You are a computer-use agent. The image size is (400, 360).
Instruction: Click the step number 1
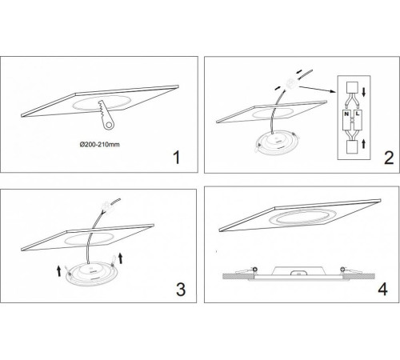pos(177,158)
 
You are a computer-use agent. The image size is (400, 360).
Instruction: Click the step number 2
pos(389,158)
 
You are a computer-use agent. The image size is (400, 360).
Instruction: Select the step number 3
pos(181,290)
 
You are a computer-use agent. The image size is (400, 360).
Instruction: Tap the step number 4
pos(382,289)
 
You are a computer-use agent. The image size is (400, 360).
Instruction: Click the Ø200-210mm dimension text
pos(100,145)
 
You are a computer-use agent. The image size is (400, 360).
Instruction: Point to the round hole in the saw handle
pos(109,125)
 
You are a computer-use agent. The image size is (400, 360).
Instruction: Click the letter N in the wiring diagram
pos(346,114)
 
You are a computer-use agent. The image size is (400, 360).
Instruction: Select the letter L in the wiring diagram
pos(358,114)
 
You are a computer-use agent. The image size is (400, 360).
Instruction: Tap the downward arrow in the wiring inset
pos(363,92)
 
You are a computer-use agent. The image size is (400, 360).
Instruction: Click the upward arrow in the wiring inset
pos(363,144)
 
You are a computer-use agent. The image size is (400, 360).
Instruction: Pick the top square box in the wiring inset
pos(351,87)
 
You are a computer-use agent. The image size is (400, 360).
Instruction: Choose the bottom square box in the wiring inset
pos(351,147)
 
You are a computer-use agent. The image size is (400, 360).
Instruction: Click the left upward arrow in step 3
pos(58,270)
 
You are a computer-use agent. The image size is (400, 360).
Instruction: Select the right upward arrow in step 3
pos(120,258)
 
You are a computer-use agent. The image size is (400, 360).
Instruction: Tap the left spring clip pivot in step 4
pos(255,269)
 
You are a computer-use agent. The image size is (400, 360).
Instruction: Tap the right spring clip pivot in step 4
pos(342,269)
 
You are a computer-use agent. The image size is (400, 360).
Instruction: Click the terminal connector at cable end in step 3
pos(106,206)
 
